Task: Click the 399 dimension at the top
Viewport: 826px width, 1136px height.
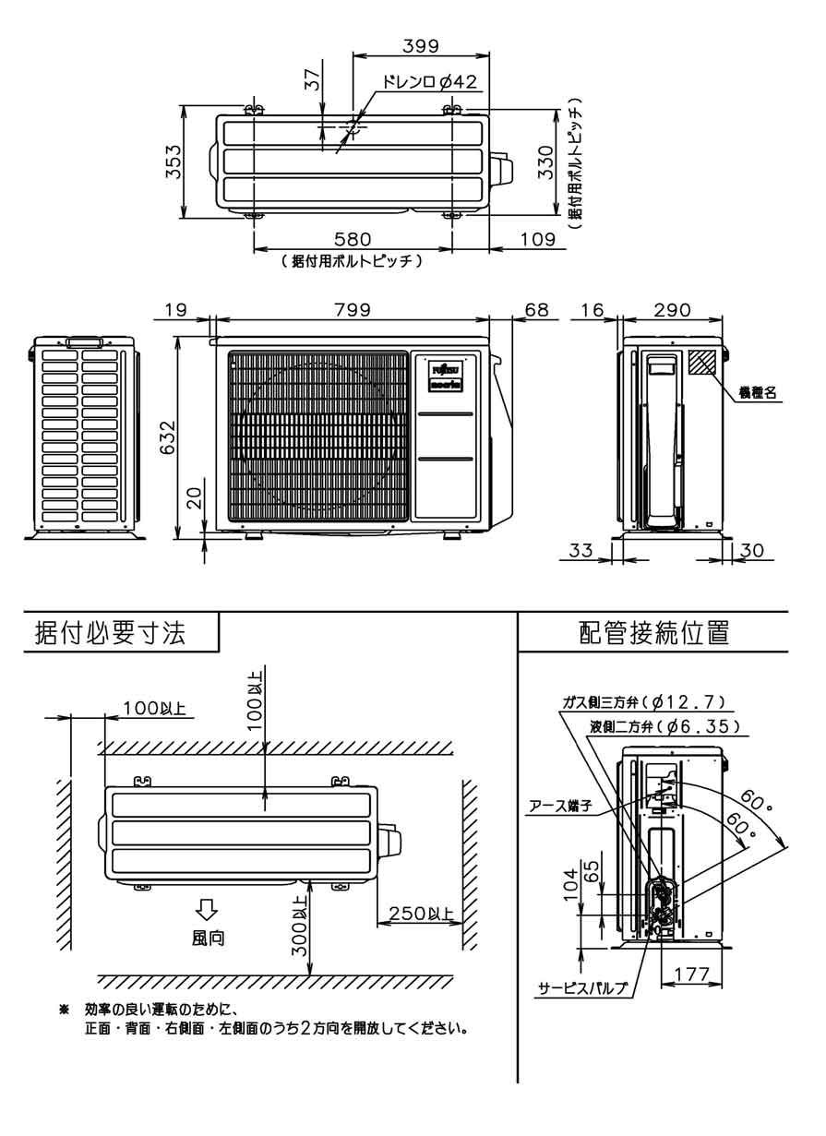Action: pos(420,44)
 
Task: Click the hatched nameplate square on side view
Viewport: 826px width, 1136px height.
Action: pos(702,362)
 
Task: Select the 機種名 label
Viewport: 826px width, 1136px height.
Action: pos(759,392)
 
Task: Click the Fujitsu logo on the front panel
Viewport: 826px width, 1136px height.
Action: pos(447,367)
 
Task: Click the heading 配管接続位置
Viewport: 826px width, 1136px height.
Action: pos(654,633)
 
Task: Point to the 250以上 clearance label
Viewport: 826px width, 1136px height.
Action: pos(420,915)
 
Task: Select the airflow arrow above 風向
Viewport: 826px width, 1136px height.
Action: pos(207,910)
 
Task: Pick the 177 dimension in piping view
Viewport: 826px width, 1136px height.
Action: pos(691,974)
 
